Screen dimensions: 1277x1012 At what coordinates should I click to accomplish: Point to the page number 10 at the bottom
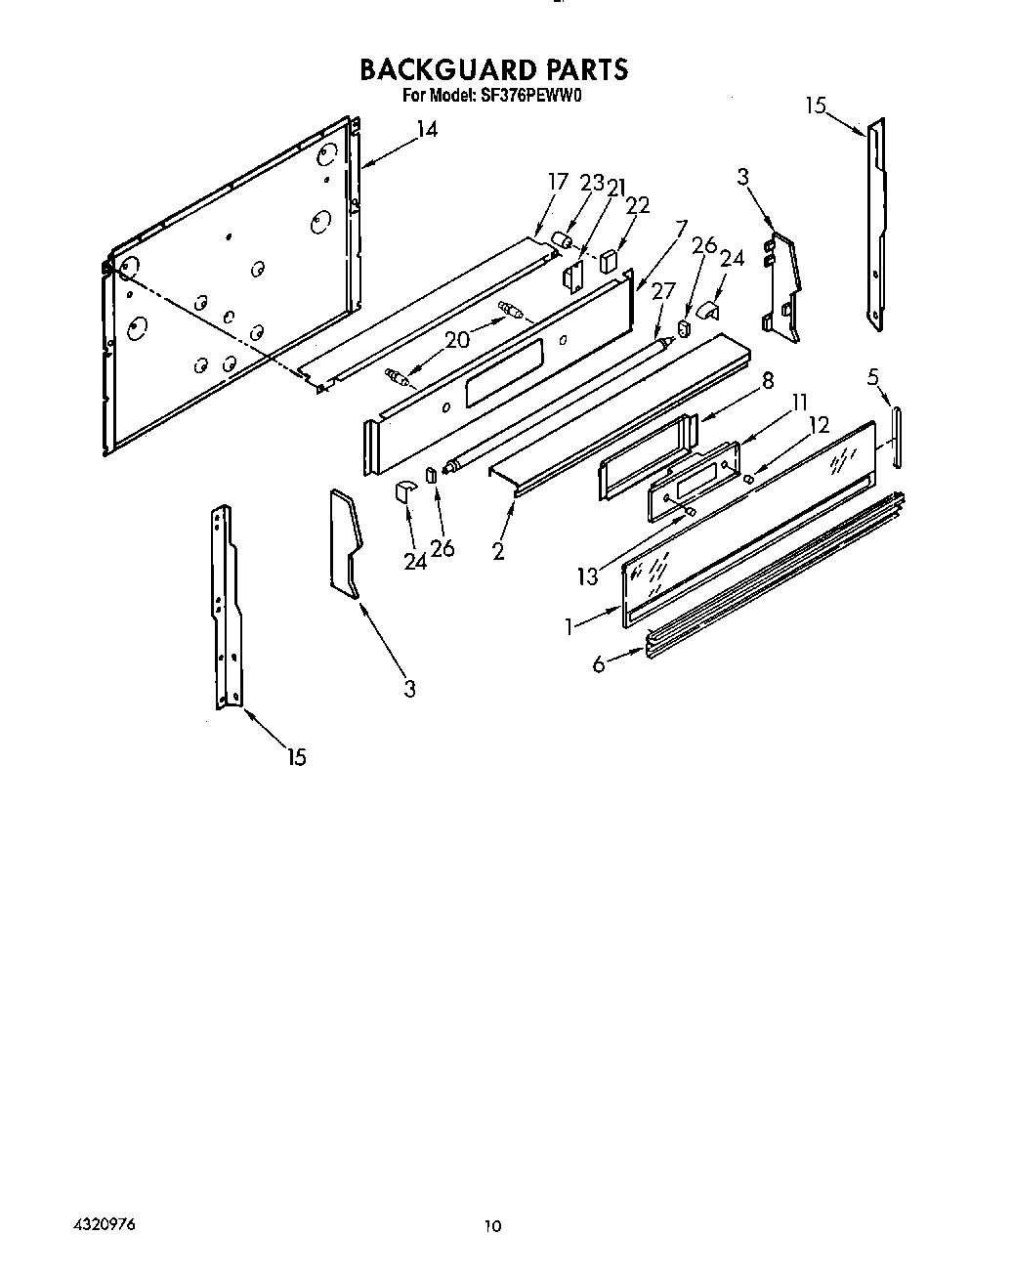click(492, 1226)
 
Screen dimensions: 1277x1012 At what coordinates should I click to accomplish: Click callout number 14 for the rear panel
click(427, 130)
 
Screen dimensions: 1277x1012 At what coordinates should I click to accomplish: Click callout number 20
click(457, 339)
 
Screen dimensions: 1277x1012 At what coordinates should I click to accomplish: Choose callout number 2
click(498, 551)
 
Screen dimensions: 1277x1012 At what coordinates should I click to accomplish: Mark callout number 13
click(587, 576)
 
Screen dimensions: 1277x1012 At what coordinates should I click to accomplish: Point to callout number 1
click(570, 625)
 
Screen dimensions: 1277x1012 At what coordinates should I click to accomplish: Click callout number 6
click(598, 663)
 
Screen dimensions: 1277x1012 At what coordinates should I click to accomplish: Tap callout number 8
click(768, 381)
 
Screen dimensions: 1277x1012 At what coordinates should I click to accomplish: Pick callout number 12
click(819, 426)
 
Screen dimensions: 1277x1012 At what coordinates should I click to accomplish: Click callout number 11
click(800, 401)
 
